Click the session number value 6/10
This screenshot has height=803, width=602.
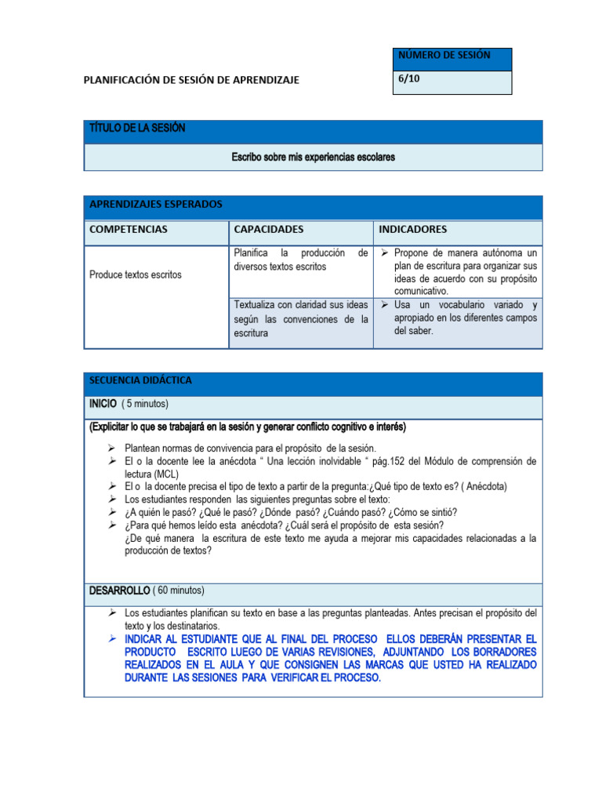409,79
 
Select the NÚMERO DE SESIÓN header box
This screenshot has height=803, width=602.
445,56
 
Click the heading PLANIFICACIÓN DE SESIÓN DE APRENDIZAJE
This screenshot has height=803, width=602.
191,79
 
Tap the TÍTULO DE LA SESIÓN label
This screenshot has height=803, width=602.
138,129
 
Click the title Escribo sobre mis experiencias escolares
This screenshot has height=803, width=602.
313,158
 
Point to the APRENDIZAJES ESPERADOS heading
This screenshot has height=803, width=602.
156,205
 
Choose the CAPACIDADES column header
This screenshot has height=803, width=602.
268,230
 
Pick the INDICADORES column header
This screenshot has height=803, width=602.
412,230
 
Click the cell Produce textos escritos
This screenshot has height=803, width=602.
135,275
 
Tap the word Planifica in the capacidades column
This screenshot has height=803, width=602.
251,253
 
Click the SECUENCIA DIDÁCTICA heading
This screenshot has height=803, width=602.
140,380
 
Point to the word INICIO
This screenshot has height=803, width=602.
103,404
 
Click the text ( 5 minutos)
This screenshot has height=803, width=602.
145,404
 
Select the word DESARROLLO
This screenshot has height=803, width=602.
119,590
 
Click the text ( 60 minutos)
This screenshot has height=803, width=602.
180,590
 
